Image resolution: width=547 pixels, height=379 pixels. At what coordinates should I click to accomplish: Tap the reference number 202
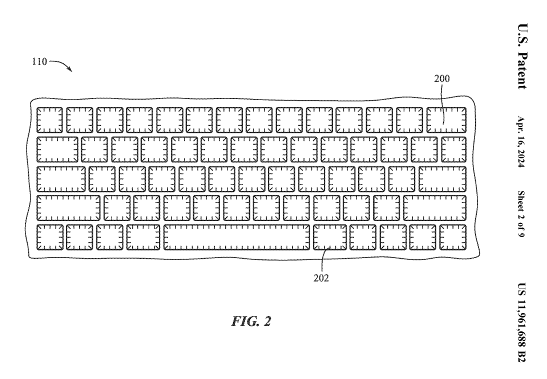[321, 278]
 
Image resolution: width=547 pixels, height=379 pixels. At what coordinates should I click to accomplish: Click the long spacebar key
[236, 237]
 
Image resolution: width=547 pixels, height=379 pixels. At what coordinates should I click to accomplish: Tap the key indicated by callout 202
[329, 237]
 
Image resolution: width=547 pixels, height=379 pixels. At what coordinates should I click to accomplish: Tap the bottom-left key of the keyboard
[49, 237]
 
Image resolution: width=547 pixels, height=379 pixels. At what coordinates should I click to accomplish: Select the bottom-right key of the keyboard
[452, 237]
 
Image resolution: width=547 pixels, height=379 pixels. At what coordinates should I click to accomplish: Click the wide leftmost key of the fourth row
[68, 208]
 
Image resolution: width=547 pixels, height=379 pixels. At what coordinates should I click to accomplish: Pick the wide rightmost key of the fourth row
[434, 208]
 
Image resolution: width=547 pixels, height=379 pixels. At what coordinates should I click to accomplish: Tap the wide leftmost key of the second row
[57, 149]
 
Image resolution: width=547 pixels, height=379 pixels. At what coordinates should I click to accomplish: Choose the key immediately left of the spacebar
[143, 237]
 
